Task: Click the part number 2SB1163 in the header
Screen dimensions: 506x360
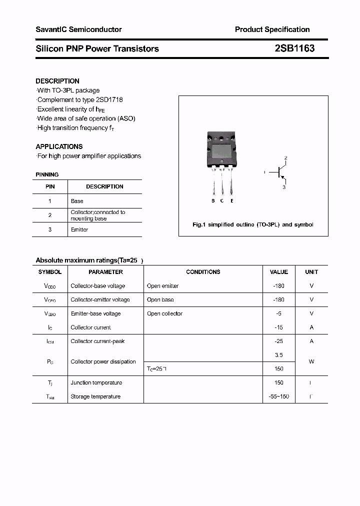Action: (x=294, y=48)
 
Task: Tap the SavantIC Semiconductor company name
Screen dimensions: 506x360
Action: (x=78, y=29)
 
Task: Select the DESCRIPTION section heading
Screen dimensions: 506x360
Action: (x=57, y=81)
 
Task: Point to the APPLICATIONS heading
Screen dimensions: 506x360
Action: (x=59, y=146)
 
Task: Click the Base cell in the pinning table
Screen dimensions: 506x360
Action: (x=77, y=201)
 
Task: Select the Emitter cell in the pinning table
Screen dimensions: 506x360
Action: (x=79, y=229)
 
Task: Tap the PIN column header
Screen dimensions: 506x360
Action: (x=50, y=186)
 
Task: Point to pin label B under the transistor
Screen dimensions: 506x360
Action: (x=213, y=200)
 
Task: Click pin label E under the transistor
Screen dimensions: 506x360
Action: (x=231, y=200)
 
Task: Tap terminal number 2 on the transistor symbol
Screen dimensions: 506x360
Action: (x=285, y=158)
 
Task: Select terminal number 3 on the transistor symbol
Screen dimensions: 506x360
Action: (x=284, y=187)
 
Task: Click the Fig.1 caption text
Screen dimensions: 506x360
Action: (x=252, y=224)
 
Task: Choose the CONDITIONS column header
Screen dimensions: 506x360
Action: (x=203, y=272)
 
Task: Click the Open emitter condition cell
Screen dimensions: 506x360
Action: (x=162, y=286)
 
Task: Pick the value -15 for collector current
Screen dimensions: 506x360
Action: (x=278, y=327)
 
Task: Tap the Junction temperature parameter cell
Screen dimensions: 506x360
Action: (x=96, y=382)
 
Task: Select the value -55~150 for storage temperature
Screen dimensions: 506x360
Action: (x=278, y=396)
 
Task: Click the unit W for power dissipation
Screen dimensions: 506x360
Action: (x=311, y=361)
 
